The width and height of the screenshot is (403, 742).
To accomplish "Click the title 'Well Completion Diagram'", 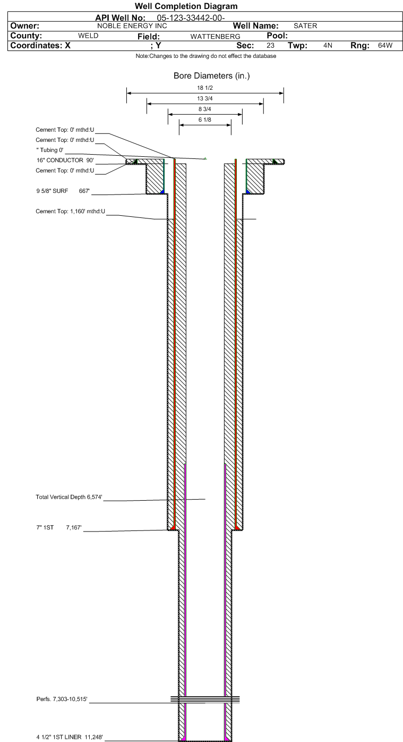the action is [186, 6].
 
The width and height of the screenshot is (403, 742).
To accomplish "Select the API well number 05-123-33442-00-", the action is [191, 18].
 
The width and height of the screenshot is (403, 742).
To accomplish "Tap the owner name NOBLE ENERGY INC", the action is [132, 26].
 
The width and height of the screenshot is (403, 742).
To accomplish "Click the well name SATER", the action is [305, 26].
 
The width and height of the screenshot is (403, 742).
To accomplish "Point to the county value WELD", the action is [88, 36].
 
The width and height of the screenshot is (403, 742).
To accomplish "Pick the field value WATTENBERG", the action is [215, 37].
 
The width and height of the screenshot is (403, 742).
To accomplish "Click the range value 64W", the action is [385, 45].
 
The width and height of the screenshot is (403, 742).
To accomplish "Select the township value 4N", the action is [328, 45].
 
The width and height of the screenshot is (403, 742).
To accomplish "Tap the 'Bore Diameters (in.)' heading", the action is [212, 76].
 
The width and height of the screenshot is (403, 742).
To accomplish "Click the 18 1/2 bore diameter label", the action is [205, 88].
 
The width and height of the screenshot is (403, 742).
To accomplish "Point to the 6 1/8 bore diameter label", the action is [205, 120].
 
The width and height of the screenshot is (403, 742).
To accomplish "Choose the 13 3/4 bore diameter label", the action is [205, 98].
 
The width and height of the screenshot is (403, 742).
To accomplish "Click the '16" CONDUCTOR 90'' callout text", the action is [65, 161].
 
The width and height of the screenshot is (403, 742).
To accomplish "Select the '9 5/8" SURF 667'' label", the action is [63, 191].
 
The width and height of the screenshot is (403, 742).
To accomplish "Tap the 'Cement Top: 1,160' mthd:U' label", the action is [71, 212].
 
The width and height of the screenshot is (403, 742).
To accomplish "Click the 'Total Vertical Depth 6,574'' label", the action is [69, 497].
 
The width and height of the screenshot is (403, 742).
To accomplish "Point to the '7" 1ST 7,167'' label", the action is [59, 527].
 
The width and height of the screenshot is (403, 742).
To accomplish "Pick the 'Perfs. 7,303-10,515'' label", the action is [62, 699].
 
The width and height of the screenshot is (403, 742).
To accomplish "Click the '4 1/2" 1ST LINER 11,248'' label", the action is [70, 737].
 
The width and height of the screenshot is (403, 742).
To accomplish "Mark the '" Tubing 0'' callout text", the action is [49, 150].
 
